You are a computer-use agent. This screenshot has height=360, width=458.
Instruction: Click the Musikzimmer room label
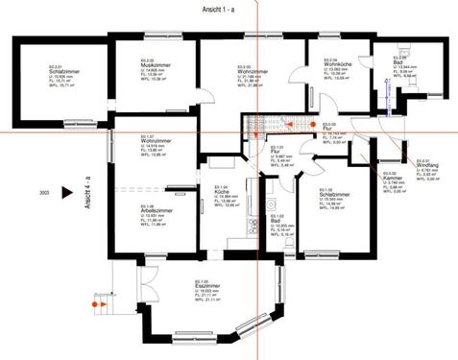tap(153, 65)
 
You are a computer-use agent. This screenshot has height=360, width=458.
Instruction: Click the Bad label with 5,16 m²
tap(278, 221)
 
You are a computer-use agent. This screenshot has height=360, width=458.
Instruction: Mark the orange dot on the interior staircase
tap(310, 125)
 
